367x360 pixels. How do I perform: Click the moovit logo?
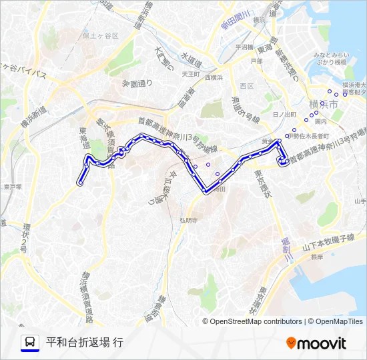coord(316,343)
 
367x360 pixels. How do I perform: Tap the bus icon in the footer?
coord(30,343)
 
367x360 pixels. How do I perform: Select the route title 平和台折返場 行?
coord(85,343)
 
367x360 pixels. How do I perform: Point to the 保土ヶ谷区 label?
coord(100,35)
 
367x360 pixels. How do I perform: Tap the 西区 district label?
coord(247,86)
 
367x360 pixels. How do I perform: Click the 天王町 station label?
coord(192,74)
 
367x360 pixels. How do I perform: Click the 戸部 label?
coord(256,61)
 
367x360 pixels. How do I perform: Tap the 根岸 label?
coord(316,256)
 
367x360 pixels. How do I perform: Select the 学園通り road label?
coord(137,83)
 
